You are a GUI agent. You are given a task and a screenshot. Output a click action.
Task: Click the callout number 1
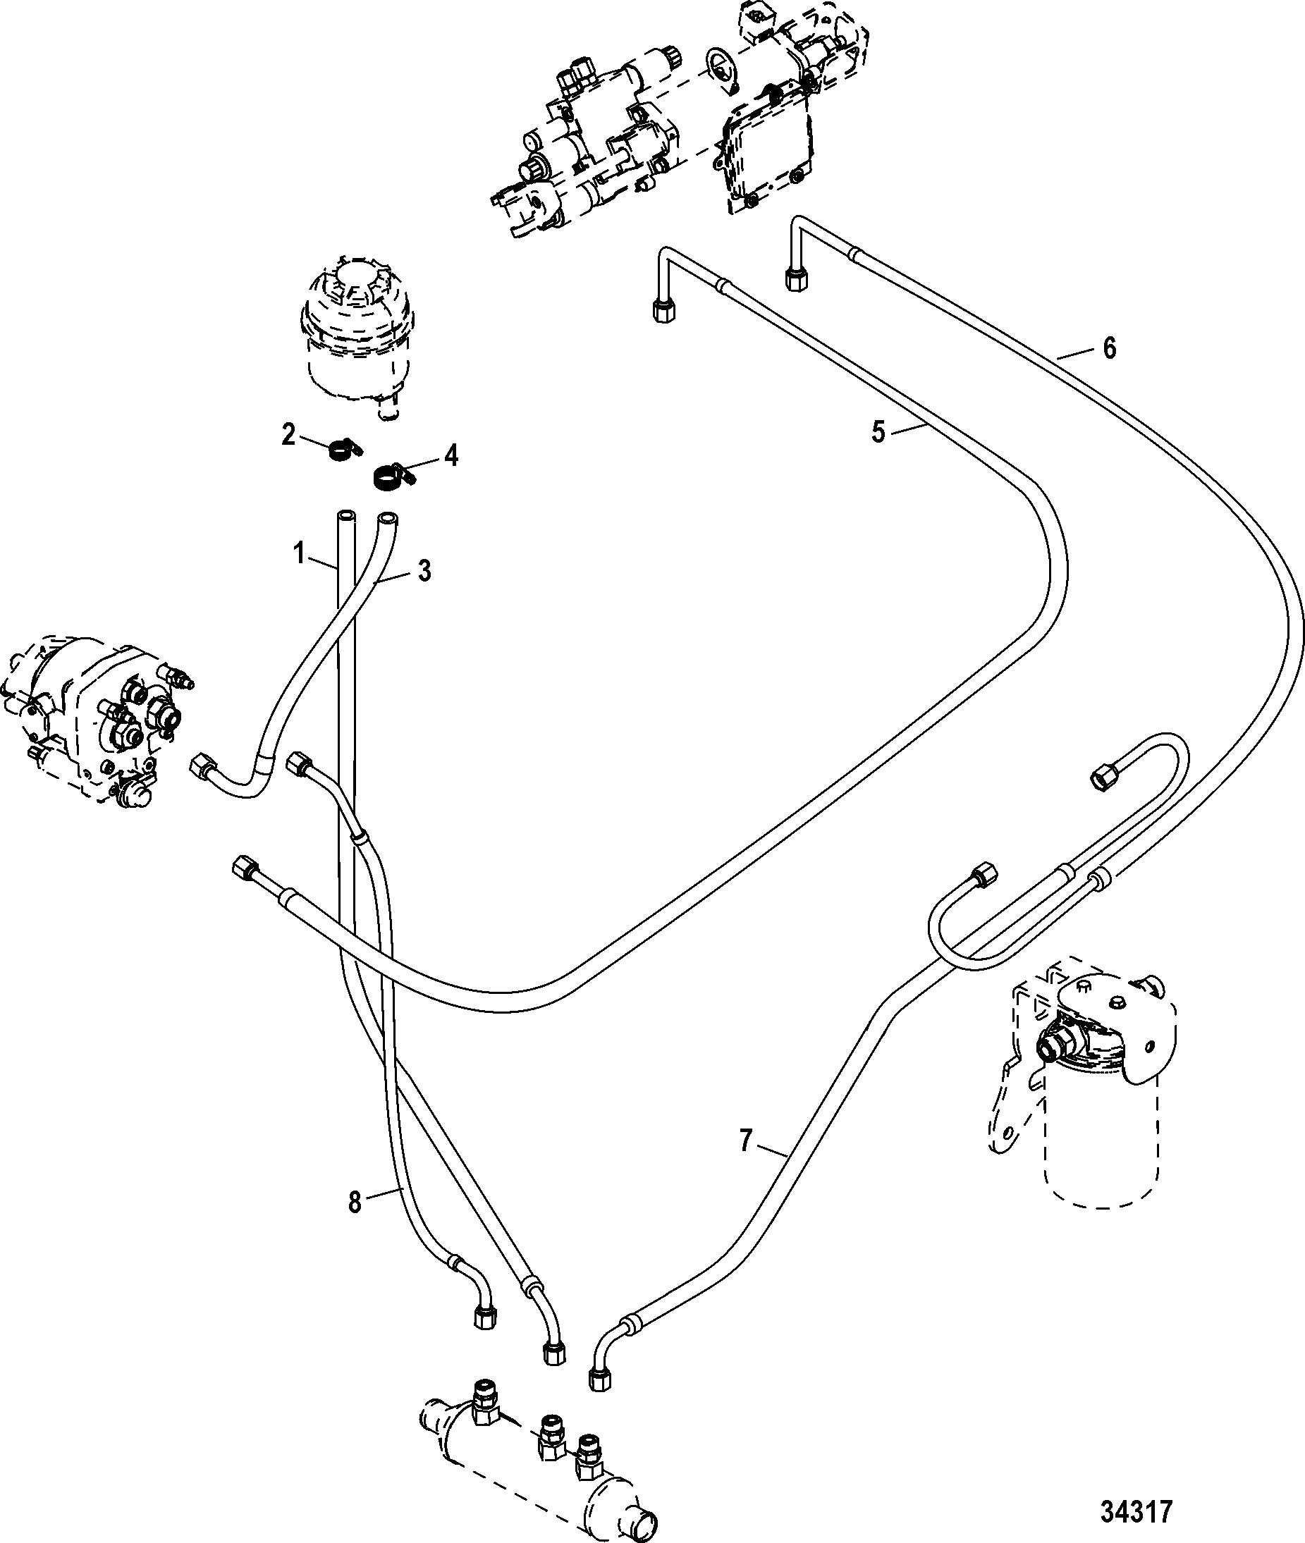coord(298,553)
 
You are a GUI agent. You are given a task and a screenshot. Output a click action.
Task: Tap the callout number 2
coord(288,434)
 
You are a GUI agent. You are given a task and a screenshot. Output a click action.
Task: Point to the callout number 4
coord(451,455)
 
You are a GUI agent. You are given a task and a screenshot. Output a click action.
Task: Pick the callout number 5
coord(878,432)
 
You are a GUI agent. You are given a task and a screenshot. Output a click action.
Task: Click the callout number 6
coord(1110,348)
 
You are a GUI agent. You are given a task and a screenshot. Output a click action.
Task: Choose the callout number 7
coord(746,1141)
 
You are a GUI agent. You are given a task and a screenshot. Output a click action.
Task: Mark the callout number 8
coord(355,1203)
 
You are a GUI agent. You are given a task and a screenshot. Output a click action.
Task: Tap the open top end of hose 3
coord(387,519)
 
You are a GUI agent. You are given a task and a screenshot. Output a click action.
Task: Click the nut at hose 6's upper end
coord(794,281)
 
